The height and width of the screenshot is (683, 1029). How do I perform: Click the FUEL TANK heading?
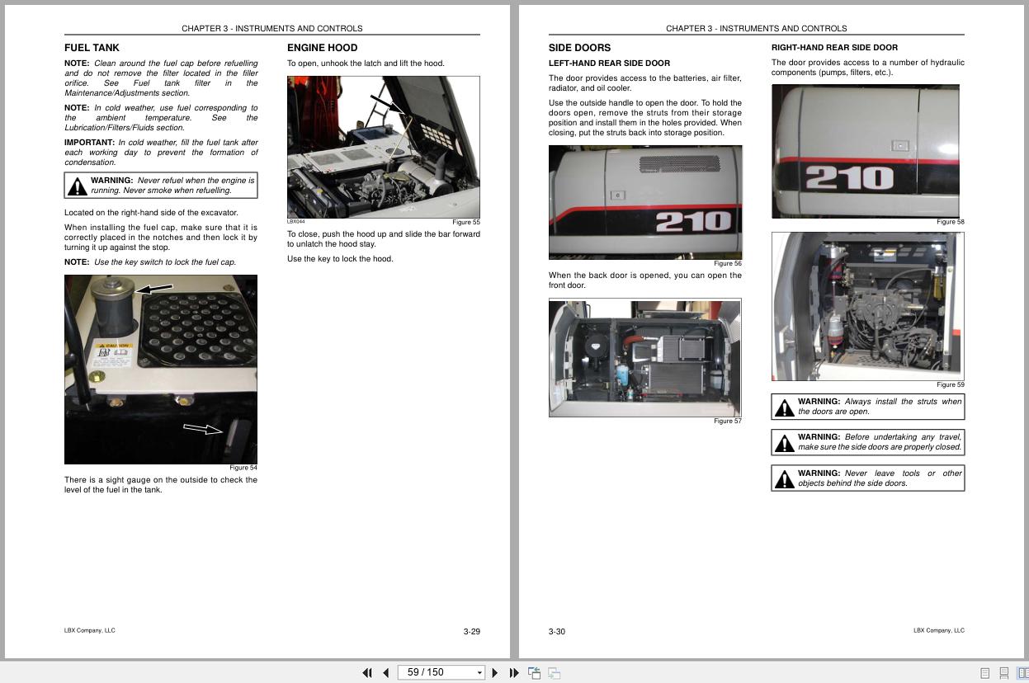click(x=92, y=48)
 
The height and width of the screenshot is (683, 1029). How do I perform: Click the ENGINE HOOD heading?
click(x=322, y=48)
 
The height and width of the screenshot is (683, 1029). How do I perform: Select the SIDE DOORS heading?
click(x=579, y=48)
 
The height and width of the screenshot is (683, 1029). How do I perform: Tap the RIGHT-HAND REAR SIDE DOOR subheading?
click(x=834, y=48)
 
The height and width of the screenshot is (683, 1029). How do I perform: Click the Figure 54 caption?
click(x=243, y=468)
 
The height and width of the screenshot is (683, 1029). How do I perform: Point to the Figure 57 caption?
click(x=727, y=421)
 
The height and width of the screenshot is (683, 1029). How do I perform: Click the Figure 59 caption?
click(x=950, y=384)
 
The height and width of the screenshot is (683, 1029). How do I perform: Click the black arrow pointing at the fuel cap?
click(x=154, y=289)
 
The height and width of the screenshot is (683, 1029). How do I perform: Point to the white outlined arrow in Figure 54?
click(x=203, y=429)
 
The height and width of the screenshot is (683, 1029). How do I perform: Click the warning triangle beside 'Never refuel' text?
click(x=78, y=186)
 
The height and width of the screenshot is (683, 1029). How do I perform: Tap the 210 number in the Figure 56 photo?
click(x=693, y=221)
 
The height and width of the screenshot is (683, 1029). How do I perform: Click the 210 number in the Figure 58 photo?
click(x=849, y=177)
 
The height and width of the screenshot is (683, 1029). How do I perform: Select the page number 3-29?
click(x=471, y=632)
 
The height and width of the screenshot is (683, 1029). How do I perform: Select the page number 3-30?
click(x=557, y=632)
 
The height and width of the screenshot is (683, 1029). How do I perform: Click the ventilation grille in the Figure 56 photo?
click(x=679, y=163)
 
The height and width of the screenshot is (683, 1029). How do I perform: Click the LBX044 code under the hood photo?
click(x=295, y=222)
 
